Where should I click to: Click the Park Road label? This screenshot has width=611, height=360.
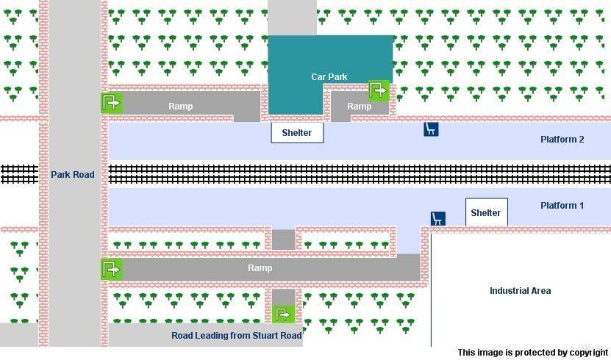pyautogui.click(x=73, y=174)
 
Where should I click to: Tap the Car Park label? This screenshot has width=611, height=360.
pyautogui.click(x=329, y=76)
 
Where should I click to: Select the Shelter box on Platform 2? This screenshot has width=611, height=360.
pyautogui.click(x=297, y=133)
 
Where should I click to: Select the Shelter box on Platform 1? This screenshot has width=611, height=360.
pyautogui.click(x=486, y=212)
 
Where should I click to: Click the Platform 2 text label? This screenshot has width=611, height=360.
pyautogui.click(x=562, y=140)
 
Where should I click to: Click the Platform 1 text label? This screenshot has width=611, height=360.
pyautogui.click(x=562, y=206)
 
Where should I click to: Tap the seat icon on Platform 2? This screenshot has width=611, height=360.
pyautogui.click(x=431, y=129)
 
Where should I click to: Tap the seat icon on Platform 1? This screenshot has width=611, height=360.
pyautogui.click(x=438, y=219)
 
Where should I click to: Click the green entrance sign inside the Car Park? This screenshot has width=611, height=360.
pyautogui.click(x=379, y=90)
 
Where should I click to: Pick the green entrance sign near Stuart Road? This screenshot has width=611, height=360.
pyautogui.click(x=283, y=314)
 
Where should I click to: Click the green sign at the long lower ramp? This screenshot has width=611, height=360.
pyautogui.click(x=112, y=269)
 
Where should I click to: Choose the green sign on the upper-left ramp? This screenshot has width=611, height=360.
pyautogui.click(x=112, y=103)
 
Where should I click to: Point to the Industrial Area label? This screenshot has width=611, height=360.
pyautogui.click(x=521, y=291)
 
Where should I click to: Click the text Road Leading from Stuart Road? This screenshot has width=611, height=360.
pyautogui.click(x=237, y=336)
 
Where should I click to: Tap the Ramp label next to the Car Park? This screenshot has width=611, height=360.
pyautogui.click(x=359, y=107)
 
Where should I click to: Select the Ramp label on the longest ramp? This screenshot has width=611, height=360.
pyautogui.click(x=260, y=267)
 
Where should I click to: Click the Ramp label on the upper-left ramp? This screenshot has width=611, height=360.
pyautogui.click(x=180, y=107)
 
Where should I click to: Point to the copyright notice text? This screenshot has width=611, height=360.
pyautogui.click(x=532, y=353)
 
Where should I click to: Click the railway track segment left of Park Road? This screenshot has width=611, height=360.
pyautogui.click(x=19, y=174)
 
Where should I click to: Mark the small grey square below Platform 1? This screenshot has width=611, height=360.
pyautogui.click(x=283, y=240)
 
